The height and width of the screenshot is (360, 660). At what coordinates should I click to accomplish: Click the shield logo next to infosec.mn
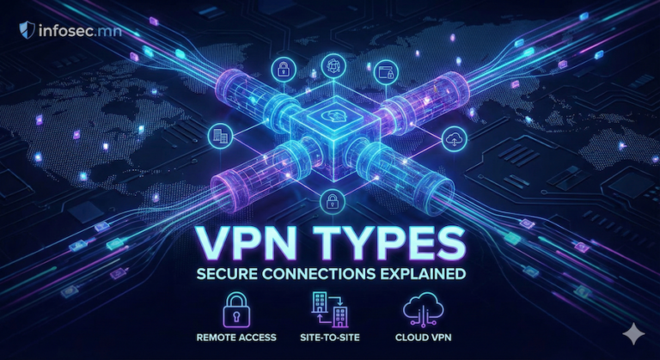click(x=26, y=31)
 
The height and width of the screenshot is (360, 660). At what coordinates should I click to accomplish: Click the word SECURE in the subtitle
click(x=243, y=275)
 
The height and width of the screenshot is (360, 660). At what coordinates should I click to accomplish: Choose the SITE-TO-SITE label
click(x=330, y=338)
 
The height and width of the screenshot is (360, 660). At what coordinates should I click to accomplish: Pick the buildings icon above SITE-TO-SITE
click(x=329, y=308)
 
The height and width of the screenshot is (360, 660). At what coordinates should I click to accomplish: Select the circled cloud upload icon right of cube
click(x=453, y=137)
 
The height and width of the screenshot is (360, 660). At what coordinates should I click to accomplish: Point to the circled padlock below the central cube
click(x=331, y=203)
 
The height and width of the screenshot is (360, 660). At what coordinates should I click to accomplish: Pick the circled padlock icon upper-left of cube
click(x=282, y=70)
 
